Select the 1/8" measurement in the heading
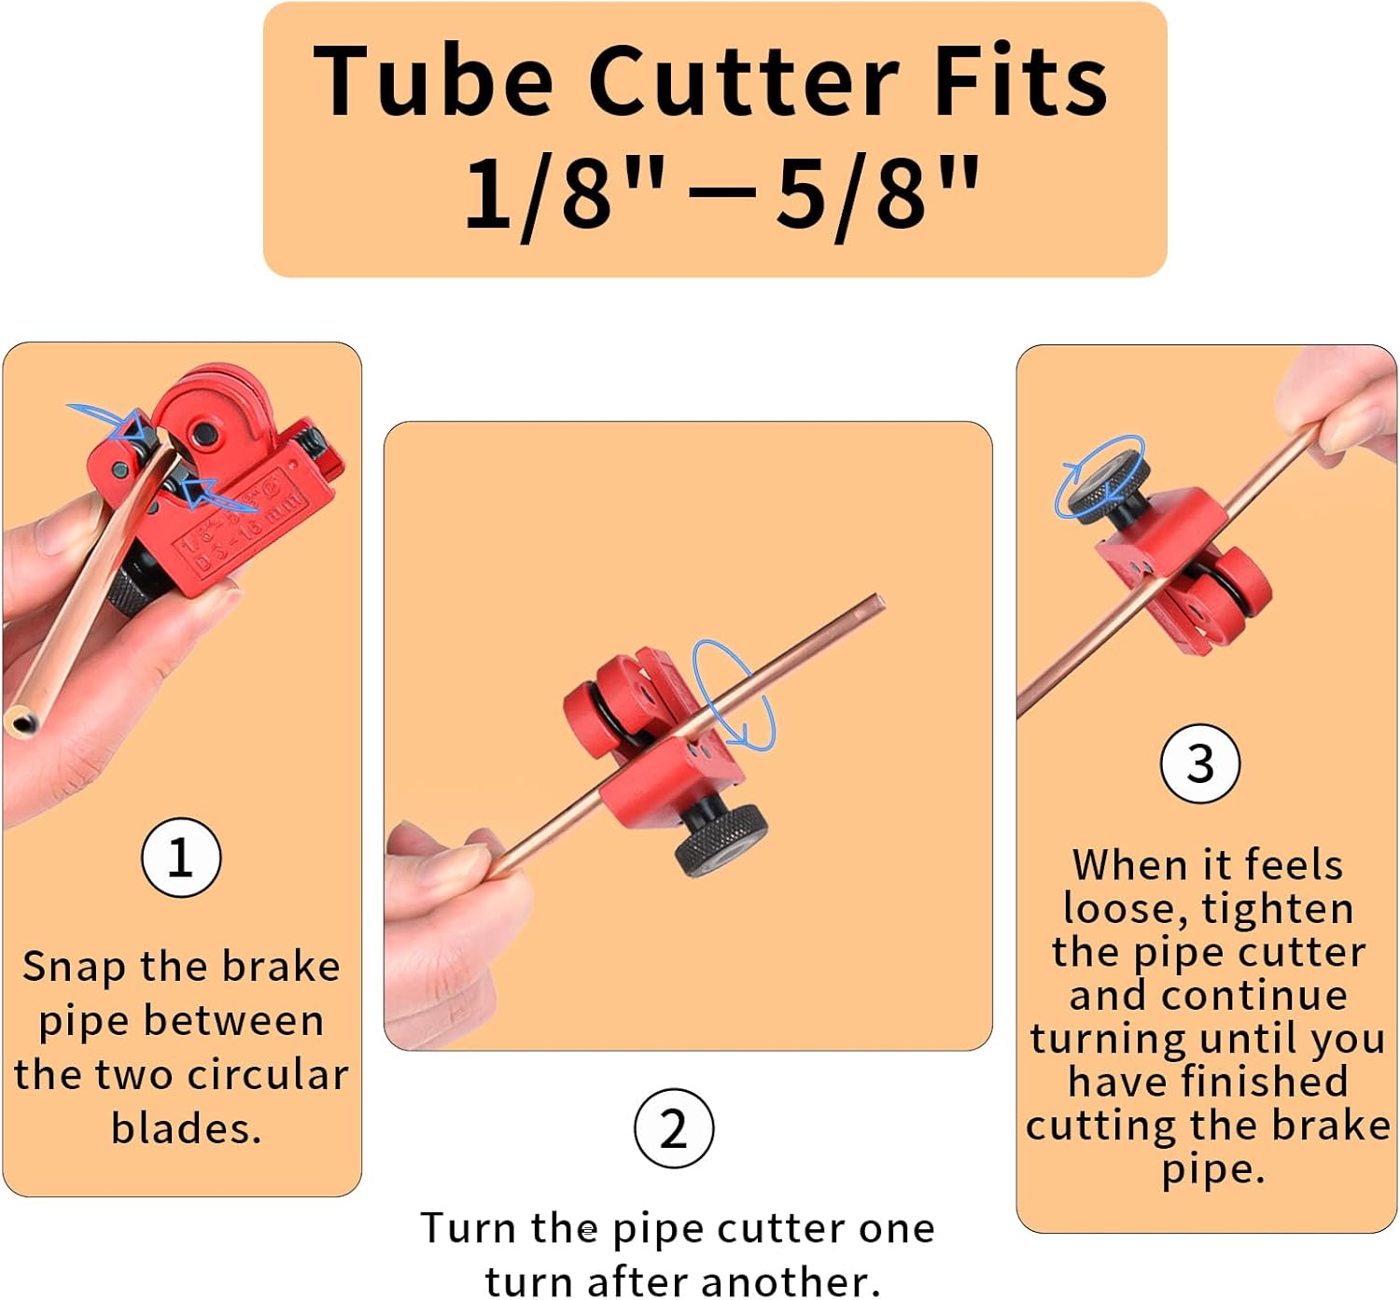564,194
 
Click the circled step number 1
181,858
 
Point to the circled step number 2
673,1128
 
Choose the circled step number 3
1199,764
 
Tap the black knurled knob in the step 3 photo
1108,485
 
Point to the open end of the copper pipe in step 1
22,721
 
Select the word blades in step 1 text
187,1128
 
